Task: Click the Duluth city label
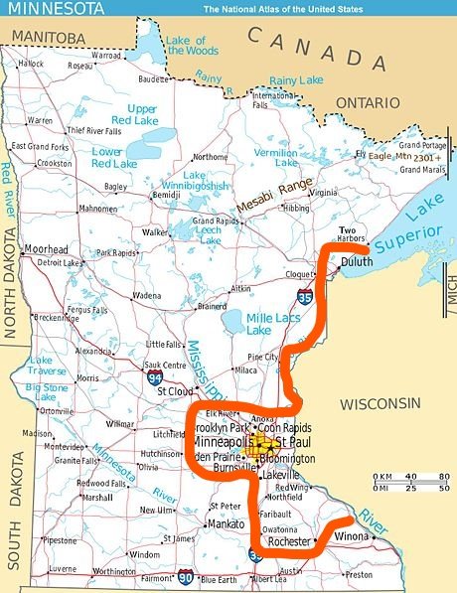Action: click(x=357, y=262)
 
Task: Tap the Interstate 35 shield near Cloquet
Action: click(x=303, y=295)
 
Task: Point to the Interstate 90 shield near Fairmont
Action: click(x=186, y=575)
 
